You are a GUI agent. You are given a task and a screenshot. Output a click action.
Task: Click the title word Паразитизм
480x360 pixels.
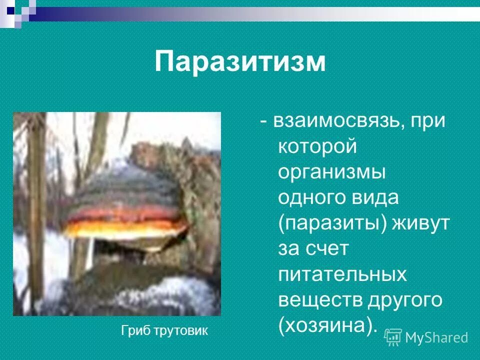[240, 62]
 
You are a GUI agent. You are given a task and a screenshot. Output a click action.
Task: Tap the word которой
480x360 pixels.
[317, 147]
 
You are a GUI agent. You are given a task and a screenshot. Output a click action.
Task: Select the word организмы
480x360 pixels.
[331, 172]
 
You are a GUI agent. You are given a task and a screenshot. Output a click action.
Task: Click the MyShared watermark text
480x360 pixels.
[436, 337]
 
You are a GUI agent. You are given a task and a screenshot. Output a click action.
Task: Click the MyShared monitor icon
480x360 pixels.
[393, 337]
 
